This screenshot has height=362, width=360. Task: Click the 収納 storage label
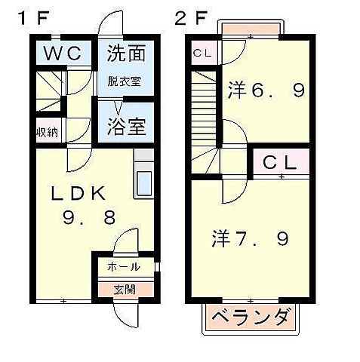click(x=47, y=131)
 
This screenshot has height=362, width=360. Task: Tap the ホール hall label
click(x=123, y=266)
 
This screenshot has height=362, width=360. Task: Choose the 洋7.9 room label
click(x=249, y=241)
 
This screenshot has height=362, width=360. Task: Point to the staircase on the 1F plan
click(x=51, y=89)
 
